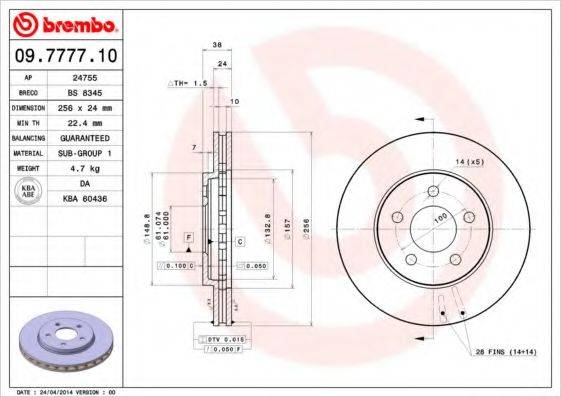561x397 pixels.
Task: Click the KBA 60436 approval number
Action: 97,200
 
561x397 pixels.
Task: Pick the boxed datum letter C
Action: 240,242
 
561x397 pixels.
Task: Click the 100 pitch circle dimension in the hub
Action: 437,217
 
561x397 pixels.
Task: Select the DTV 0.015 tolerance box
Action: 225,340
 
